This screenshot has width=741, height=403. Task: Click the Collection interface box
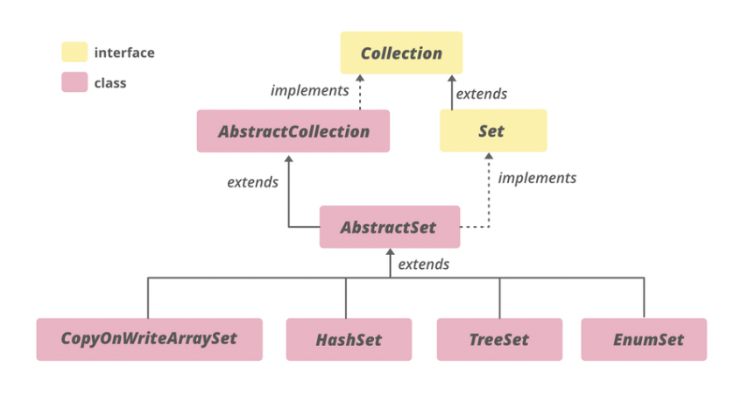click(401, 53)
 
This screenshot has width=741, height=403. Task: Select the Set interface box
click(492, 131)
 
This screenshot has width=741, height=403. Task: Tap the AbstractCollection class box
click(293, 131)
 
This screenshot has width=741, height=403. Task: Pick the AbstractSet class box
click(389, 227)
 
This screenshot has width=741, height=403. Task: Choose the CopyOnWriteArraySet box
click(149, 339)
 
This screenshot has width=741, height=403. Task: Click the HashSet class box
click(348, 339)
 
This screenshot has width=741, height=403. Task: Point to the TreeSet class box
click(499, 339)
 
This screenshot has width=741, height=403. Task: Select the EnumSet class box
click(643, 339)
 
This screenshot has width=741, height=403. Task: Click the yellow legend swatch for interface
click(74, 53)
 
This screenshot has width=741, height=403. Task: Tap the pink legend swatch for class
click(74, 83)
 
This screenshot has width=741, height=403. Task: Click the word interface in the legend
click(124, 53)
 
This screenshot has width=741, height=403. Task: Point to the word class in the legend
click(110, 83)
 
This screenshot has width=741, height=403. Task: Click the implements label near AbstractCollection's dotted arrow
click(310, 90)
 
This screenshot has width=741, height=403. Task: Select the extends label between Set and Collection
click(483, 94)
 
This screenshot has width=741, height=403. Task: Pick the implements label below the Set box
click(537, 178)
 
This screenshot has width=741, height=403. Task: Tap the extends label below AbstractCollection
click(252, 182)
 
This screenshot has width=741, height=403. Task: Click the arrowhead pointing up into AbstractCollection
click(288, 158)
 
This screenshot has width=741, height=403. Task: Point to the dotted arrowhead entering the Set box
click(488, 158)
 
